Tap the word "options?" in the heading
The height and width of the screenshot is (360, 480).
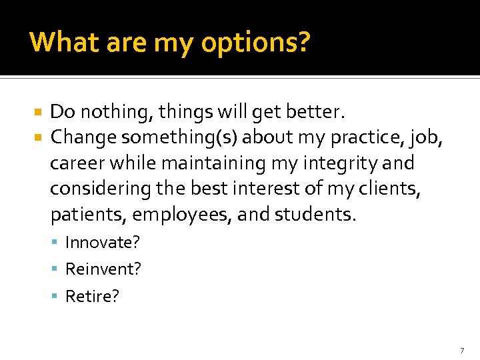pos(255,43)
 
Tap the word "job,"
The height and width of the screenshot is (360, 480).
pos(425,137)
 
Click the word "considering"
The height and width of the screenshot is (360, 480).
pos(101,189)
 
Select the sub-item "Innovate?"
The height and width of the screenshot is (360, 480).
pos(103,243)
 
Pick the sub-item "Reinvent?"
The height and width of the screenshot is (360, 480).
pos(103,269)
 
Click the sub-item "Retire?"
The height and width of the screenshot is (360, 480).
pos(92,296)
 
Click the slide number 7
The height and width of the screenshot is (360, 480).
pos(461,350)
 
